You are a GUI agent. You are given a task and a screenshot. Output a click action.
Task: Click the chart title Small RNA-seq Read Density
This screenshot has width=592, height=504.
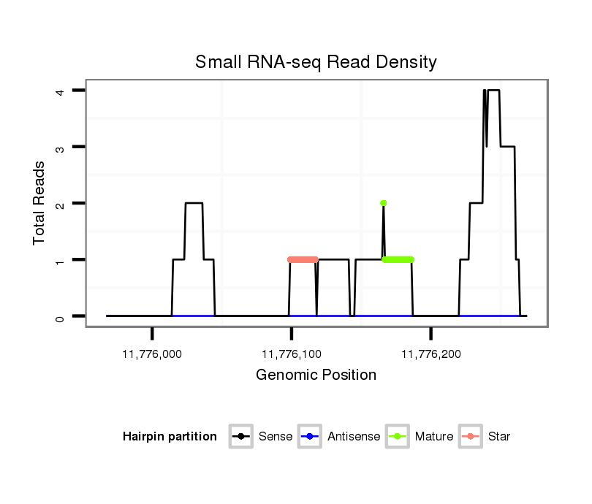[x=316, y=62]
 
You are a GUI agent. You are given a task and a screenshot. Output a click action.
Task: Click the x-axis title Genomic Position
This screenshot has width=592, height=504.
[x=316, y=375]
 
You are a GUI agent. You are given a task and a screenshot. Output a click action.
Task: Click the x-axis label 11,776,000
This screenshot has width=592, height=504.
[x=152, y=354]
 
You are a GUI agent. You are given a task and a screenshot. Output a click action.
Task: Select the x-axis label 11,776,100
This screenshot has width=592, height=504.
[x=292, y=354]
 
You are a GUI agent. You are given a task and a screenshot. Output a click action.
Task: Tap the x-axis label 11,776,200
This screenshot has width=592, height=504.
[x=430, y=354]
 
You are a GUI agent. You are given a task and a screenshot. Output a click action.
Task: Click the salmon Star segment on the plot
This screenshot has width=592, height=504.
[x=303, y=259]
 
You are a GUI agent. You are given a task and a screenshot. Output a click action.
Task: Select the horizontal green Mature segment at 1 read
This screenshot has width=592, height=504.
[x=398, y=259]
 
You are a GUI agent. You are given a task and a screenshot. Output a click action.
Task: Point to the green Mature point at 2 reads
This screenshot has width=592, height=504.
[x=383, y=203]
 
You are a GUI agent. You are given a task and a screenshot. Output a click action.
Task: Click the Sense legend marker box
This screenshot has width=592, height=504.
[x=240, y=437]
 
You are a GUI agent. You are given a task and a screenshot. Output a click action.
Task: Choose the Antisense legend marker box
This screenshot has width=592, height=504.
[x=311, y=437]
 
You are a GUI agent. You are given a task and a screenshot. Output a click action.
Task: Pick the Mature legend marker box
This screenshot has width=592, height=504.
[x=397, y=437]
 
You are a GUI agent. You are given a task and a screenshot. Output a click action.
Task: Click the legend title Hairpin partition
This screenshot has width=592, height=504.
[x=170, y=437]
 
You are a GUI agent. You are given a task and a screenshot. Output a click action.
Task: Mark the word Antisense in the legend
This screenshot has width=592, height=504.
[x=354, y=437]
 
